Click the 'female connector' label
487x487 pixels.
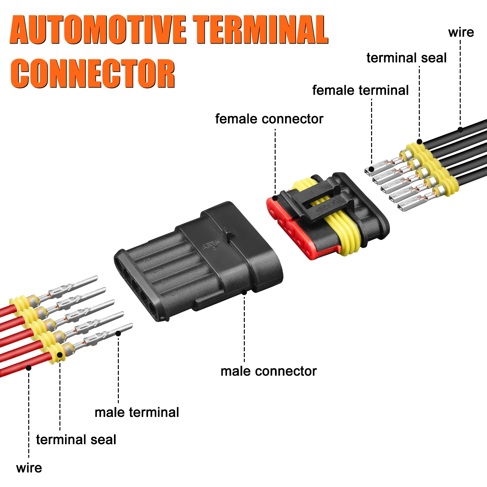(x=269, y=119)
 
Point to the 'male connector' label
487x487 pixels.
(x=268, y=371)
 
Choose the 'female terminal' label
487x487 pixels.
(x=360, y=90)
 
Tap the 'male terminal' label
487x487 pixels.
(x=137, y=412)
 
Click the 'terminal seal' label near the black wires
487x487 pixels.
(x=406, y=58)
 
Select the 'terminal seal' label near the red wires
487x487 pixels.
(x=76, y=440)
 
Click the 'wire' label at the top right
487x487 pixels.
(x=461, y=32)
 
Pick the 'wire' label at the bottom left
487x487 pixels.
(x=29, y=468)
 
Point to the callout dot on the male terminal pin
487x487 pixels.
(x=119, y=333)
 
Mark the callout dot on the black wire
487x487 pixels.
(x=460, y=129)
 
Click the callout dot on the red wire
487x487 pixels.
(x=29, y=368)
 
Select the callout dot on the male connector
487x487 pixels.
(x=244, y=292)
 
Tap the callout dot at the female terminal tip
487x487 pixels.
(x=371, y=169)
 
